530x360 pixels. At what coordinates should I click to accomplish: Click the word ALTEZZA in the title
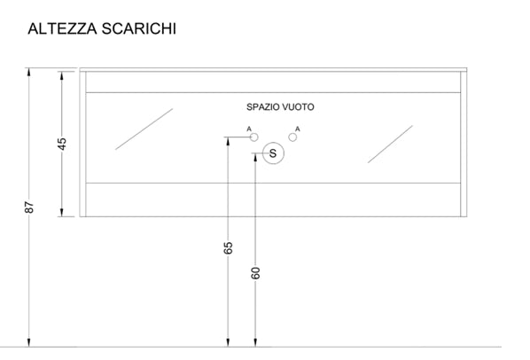coord(63,28)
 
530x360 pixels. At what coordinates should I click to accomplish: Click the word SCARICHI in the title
coord(139,28)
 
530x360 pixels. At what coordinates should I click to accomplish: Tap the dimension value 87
coord(29,207)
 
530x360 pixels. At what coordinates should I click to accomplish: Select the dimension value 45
coord(62,144)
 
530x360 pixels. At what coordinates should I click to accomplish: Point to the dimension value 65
coord(228,247)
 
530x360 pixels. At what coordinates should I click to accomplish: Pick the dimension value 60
coord(256,273)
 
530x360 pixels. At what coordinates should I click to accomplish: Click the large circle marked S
coord(273,153)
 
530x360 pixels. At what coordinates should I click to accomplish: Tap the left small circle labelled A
coord(254,137)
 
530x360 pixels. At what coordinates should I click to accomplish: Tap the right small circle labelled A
coord(292,137)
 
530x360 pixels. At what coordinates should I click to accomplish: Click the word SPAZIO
coord(262,107)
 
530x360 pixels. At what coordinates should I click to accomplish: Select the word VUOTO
coord(298,107)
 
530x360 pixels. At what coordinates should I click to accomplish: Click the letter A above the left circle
coord(249,129)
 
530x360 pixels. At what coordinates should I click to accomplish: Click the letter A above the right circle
coord(298,129)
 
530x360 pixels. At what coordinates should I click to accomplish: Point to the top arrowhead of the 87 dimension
coord(29,72)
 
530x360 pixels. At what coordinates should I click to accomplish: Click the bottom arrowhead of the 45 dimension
coord(62,212)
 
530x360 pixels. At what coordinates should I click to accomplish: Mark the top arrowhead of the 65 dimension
coord(228,141)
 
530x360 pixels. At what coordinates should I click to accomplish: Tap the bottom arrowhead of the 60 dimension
coord(255,342)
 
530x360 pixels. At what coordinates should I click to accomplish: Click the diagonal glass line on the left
coord(144,129)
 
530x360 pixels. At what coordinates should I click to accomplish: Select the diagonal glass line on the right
coord(390,145)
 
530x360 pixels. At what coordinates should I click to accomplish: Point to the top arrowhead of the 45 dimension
coord(62,75)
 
